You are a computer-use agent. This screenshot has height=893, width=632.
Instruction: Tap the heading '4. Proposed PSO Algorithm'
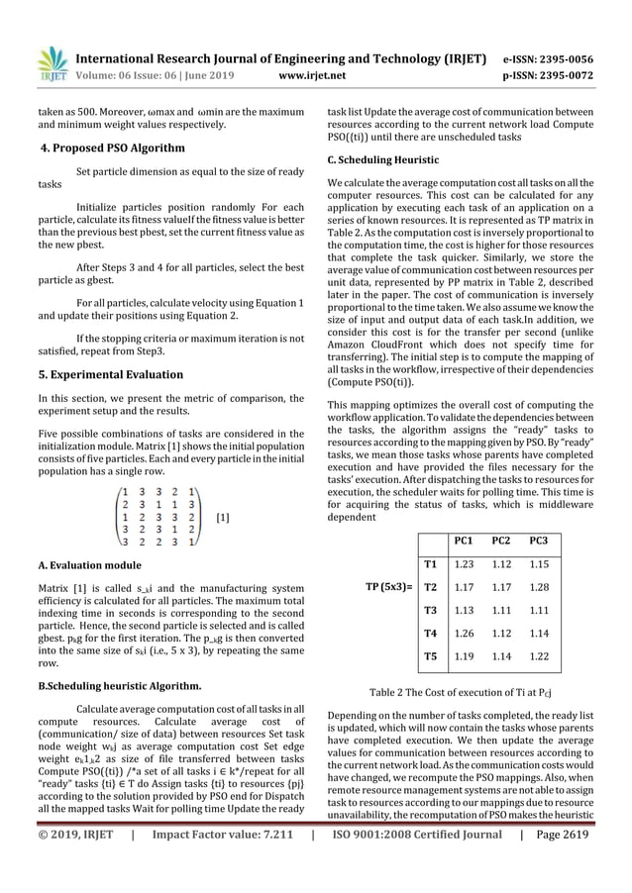pos(111,149)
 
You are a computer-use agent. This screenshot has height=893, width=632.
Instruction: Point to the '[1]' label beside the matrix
pos(223,517)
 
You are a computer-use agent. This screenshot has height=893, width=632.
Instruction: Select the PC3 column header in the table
pos(539,542)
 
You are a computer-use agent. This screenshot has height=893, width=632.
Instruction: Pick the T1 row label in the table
pos(431,564)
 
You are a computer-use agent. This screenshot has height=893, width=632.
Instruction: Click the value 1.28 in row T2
pos(539,586)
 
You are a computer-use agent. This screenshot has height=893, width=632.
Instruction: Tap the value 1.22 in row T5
pos(539,655)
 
